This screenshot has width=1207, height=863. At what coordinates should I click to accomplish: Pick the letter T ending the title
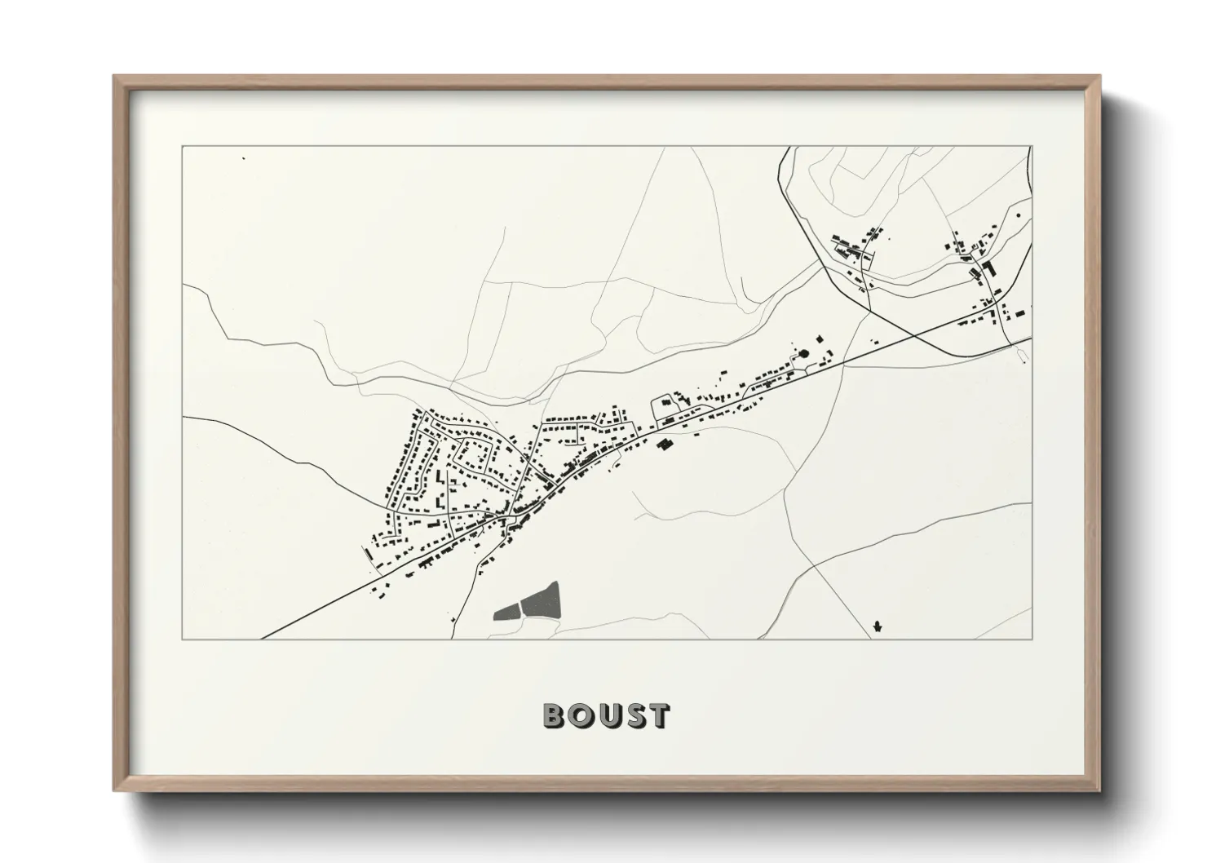click(657, 715)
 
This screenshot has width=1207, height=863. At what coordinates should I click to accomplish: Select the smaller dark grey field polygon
click(507, 610)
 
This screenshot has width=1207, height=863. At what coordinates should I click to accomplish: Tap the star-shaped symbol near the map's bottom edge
click(877, 626)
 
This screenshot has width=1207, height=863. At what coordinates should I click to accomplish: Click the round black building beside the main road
click(805, 353)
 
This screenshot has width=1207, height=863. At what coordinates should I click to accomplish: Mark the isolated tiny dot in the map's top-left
click(243, 157)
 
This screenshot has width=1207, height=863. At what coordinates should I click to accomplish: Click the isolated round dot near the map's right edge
click(1019, 215)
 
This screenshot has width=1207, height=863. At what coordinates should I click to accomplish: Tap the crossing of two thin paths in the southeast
click(813, 564)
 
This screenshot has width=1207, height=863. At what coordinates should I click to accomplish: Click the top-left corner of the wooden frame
click(114, 76)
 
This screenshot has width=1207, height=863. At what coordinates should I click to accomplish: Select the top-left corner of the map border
click(183, 147)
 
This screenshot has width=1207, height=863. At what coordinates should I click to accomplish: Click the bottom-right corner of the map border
click(1032, 639)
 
